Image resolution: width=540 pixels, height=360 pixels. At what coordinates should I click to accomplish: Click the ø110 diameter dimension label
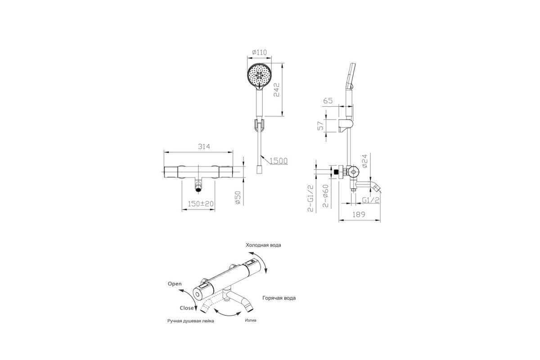tap(259, 52)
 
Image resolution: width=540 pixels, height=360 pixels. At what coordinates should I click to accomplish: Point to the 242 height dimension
tap(276, 90)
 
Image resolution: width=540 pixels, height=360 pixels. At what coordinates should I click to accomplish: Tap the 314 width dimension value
tap(204, 146)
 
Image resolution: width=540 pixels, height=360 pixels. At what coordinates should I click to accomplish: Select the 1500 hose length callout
tap(279, 161)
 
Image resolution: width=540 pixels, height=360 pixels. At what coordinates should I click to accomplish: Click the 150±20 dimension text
tap(201, 204)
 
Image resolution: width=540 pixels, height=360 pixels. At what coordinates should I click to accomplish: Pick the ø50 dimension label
tap(238, 198)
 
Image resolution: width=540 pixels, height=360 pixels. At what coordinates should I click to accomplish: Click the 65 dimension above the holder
tap(328, 100)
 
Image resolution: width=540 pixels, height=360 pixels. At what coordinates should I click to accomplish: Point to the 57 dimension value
tap(320, 126)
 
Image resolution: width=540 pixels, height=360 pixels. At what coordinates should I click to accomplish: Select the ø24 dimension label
tap(364, 161)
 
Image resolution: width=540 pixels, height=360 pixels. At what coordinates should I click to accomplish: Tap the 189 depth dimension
tap(359, 214)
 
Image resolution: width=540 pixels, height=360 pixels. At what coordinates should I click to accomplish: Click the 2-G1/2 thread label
tap(311, 198)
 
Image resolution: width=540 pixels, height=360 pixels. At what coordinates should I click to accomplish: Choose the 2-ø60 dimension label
tap(326, 196)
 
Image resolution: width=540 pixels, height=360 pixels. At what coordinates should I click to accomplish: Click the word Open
tap(175, 284)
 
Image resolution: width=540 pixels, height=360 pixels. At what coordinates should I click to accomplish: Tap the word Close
tap(187, 308)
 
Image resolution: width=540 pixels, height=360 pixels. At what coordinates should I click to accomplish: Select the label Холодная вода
tap(264, 245)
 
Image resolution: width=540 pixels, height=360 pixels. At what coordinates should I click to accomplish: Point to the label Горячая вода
tap(279, 298)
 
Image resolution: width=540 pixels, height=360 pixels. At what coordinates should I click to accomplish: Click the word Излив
tap(251, 320)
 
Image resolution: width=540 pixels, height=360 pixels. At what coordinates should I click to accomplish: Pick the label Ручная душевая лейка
tap(191, 321)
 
